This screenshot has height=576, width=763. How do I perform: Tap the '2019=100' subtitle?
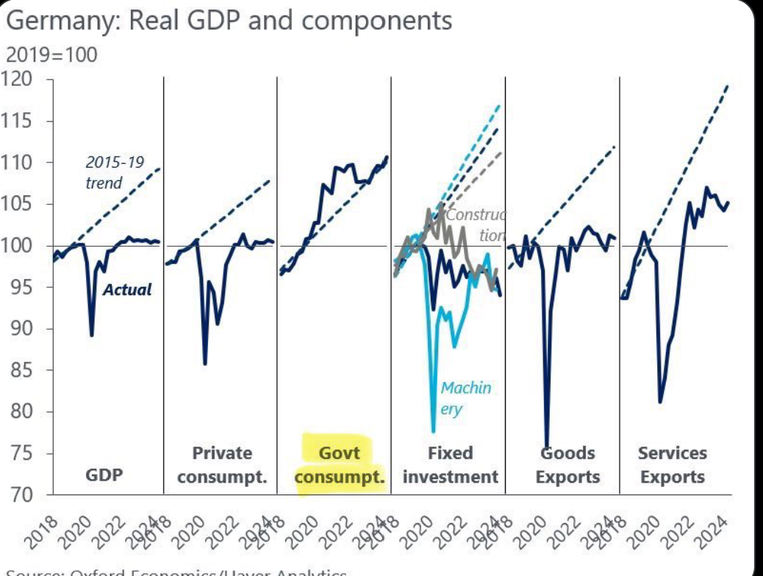tap(51, 55)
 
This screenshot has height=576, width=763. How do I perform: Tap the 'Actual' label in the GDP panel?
tap(126, 289)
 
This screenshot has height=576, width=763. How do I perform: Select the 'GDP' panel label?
tap(104, 475)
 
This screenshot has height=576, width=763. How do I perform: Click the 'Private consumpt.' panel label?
tap(222, 465)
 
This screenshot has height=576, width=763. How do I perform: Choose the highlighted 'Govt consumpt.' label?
tap(340, 465)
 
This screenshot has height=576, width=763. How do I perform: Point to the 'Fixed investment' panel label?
tap(450, 465)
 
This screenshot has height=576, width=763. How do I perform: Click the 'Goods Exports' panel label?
tap(567, 465)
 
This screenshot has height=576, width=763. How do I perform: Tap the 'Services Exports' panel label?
tap(672, 465)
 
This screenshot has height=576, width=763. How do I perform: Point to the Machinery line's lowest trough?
tap(433, 431)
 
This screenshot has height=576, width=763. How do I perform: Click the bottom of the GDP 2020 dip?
tap(91, 336)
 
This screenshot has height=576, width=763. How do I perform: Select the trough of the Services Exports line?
tap(660, 402)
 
